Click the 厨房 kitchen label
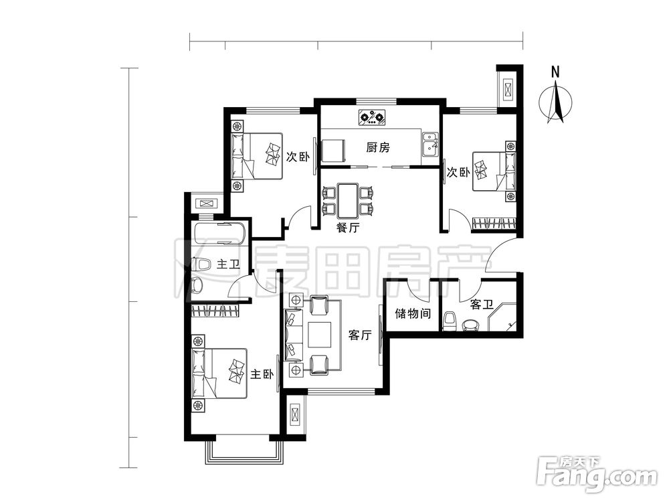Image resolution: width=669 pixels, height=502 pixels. coord(378,148)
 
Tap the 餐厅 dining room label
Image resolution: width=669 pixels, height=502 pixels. coord(348,228)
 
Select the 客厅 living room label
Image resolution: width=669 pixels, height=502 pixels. coord(360,335)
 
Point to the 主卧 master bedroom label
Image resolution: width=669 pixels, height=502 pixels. coord(262,374)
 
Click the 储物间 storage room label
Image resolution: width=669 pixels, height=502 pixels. coord(413,314)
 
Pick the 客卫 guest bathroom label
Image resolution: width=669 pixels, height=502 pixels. coord(482,305)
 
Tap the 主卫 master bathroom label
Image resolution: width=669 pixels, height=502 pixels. coord(228,264)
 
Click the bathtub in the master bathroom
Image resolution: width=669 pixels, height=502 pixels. coord(219,233)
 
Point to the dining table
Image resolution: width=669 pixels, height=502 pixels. coord(347,200)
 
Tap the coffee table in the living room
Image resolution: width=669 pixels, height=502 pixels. coord(320,335)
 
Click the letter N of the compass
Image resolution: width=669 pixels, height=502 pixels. coord(555,72)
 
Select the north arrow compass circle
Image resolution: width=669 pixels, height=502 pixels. coord(555,102)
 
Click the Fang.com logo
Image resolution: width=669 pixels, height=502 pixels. coord(597,475)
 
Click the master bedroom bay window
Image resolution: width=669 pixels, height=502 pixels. coord(244,452)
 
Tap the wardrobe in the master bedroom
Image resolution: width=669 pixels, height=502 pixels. coord(216,311)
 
